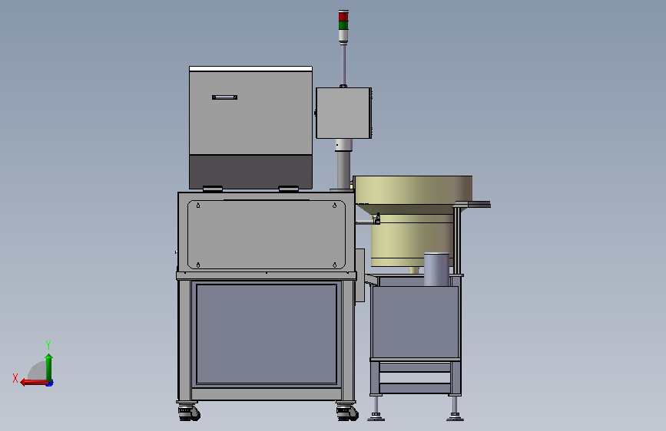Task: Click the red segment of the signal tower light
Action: tap(343, 16)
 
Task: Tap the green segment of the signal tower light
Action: tap(343, 25)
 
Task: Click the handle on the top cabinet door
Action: tap(225, 97)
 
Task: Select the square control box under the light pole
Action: tap(343, 113)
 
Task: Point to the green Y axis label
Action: tap(48, 344)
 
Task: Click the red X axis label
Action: tap(15, 378)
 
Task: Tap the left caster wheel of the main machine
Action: tap(189, 413)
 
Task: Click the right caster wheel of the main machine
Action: tap(347, 413)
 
